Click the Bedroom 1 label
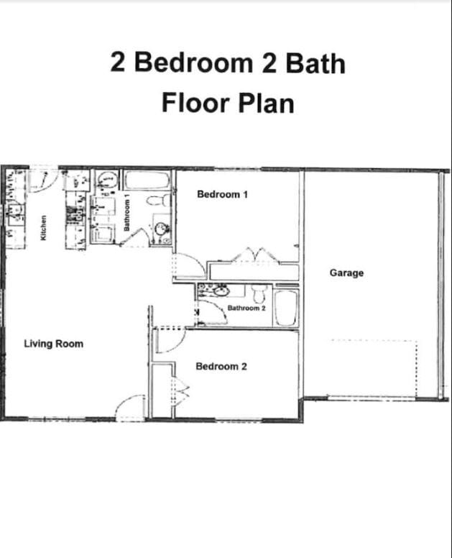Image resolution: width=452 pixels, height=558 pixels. pos(222,194)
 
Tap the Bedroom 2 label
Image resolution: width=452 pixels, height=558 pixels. pos(221,367)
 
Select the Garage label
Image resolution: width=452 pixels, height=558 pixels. pos(347,273)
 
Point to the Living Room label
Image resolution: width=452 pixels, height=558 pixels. pos(54,344)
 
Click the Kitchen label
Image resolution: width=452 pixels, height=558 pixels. pos(43,228)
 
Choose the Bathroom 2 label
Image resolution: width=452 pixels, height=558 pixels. pos(246,308)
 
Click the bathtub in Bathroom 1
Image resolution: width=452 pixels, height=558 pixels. pos(147,181)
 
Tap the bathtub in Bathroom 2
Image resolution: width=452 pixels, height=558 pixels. pos(287,308)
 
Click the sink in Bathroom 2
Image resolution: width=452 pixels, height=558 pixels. pos(221,292)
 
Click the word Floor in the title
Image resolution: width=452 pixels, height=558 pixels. pos(195,103)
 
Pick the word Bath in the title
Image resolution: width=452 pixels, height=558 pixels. pos(315,63)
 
